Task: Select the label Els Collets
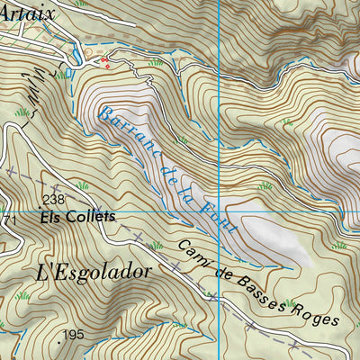(77, 218)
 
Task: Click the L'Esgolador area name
(93, 271)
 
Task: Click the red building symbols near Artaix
(106, 62)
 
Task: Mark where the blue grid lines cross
(219, 211)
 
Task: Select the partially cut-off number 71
(7, 220)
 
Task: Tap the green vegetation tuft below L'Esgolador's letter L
(22, 294)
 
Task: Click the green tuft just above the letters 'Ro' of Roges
(290, 303)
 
